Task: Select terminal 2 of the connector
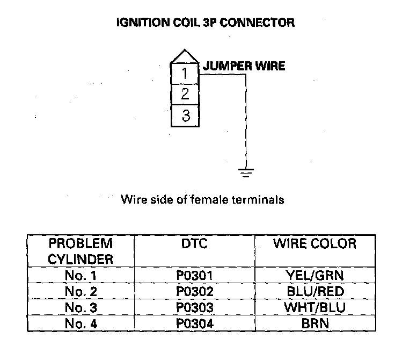pyautogui.click(x=185, y=94)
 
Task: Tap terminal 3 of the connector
pyautogui.click(x=185, y=116)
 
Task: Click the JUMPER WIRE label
pyautogui.click(x=243, y=66)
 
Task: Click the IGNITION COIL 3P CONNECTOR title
pyautogui.click(x=206, y=23)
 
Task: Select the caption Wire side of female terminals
pyautogui.click(x=202, y=200)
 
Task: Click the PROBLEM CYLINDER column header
pyautogui.click(x=81, y=251)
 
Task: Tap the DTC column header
pyautogui.click(x=194, y=244)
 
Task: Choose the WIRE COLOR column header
pyautogui.click(x=314, y=244)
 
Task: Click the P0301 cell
pyautogui.click(x=194, y=276)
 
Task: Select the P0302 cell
pyautogui.click(x=194, y=292)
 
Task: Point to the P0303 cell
pyautogui.click(x=194, y=308)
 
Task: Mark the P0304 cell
pyautogui.click(x=194, y=324)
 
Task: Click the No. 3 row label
pyautogui.click(x=81, y=308)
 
